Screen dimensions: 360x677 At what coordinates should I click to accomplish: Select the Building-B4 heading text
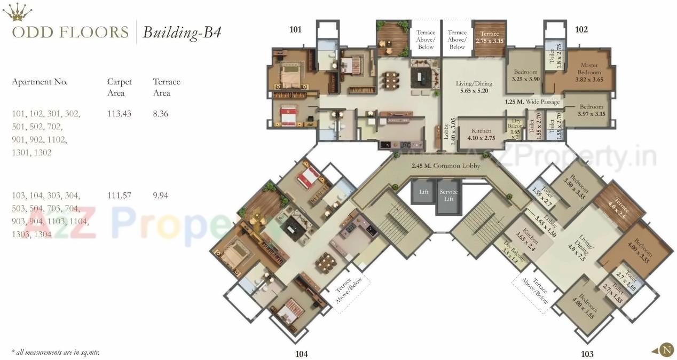tap(182, 33)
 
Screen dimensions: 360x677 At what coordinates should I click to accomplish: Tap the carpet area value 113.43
tap(119, 114)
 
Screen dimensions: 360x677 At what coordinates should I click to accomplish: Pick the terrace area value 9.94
tap(160, 195)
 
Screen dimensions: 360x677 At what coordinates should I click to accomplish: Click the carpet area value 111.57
tap(119, 195)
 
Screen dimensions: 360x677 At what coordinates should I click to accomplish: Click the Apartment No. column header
tap(40, 82)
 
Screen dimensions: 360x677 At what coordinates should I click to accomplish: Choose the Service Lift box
tap(448, 195)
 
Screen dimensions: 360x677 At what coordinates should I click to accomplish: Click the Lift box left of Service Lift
tap(423, 191)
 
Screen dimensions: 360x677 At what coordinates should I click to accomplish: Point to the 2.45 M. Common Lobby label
tap(446, 166)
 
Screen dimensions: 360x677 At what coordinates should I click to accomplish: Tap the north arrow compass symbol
tap(666, 350)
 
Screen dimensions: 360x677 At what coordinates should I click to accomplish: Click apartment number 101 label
tap(295, 29)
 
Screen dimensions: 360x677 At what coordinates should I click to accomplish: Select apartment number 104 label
tap(301, 353)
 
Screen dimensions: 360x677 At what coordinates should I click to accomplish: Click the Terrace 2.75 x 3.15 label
tap(489, 37)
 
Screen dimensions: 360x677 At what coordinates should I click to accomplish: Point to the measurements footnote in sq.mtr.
tap(56, 352)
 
